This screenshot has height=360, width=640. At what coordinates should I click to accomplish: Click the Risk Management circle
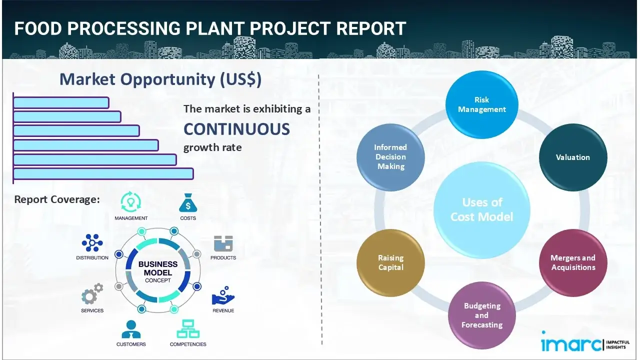482,104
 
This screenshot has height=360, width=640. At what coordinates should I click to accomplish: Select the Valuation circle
572,157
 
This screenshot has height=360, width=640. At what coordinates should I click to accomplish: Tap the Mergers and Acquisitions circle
572,262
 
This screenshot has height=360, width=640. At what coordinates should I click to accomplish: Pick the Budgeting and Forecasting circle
481,315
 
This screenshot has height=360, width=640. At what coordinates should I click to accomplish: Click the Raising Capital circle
390,262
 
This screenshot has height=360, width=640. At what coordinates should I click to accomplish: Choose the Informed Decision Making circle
390,157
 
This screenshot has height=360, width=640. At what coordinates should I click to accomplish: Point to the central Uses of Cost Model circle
482,209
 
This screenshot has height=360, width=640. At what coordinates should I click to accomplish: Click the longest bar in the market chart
103,173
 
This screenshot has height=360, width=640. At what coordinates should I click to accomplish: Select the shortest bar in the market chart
61,102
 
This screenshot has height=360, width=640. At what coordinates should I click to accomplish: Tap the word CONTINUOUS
236,129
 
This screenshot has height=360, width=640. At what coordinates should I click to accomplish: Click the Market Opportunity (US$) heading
160,79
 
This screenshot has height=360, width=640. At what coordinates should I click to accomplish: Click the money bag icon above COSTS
187,203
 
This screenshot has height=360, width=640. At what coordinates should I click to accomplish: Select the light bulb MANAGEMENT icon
131,202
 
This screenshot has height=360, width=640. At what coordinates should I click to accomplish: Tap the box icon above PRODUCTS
223,244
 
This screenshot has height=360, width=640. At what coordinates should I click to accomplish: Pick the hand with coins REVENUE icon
223,296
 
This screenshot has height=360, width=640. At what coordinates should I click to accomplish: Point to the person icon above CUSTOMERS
131,329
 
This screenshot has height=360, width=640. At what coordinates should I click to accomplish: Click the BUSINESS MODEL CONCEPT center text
158,271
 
